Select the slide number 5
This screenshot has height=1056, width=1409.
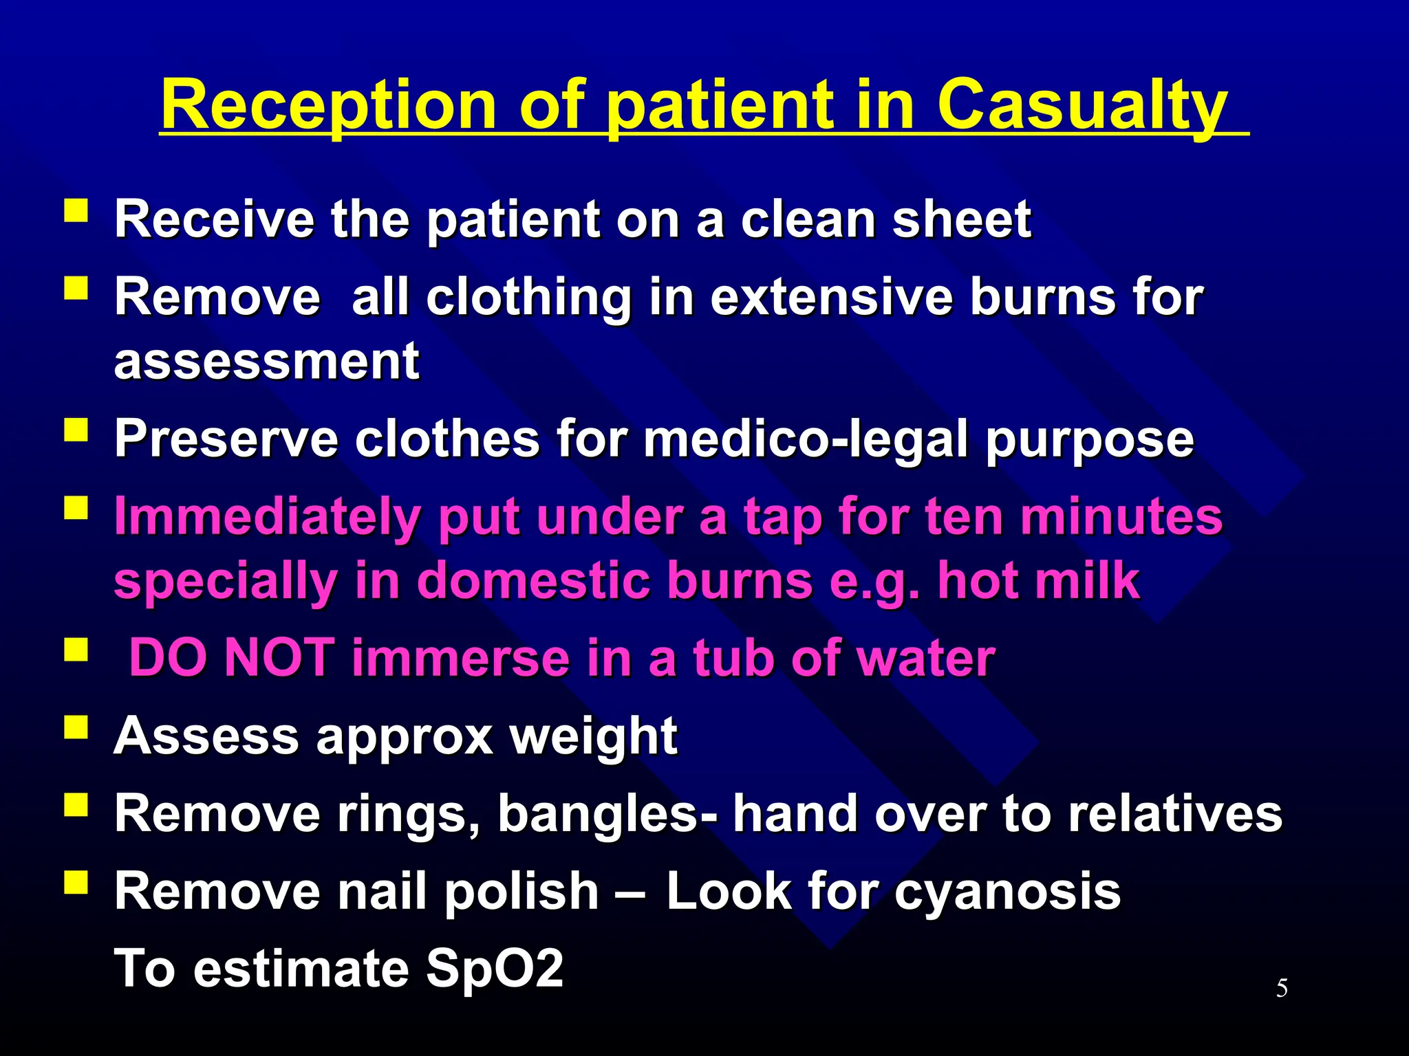[1282, 988]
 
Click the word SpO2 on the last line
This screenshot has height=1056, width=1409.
[495, 968]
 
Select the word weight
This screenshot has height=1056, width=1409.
[593, 736]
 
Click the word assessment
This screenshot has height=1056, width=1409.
[267, 361]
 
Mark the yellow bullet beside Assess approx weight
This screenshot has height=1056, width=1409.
[76, 727]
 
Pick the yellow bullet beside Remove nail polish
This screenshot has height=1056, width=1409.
[76, 882]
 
